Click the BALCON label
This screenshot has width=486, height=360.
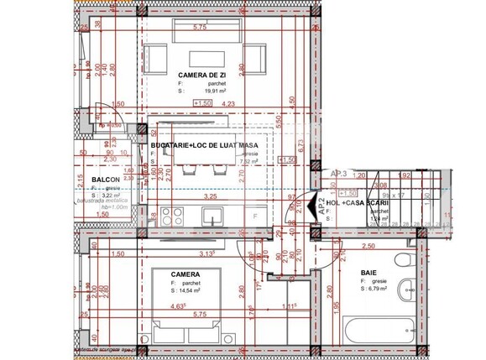pos(104,180)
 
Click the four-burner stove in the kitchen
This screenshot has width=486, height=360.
pos(175,213)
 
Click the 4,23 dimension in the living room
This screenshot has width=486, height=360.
pos(227,105)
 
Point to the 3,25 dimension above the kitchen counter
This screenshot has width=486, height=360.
pos(212,196)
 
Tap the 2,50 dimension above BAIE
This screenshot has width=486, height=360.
pos(367,247)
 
